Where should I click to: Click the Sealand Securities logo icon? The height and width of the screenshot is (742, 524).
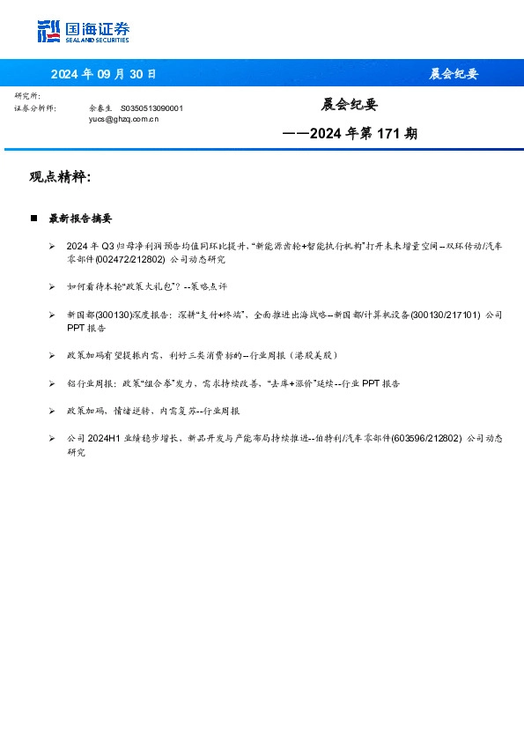[48, 32]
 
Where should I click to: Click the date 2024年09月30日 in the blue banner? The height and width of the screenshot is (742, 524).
[103, 74]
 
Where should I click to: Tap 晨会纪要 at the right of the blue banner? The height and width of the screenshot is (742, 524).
[454, 74]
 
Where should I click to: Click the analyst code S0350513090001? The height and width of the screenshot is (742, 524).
[151, 108]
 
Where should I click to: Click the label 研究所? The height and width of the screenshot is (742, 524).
[28, 95]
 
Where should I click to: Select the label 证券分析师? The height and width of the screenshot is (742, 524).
[35, 108]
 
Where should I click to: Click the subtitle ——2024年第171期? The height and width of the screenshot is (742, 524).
[350, 134]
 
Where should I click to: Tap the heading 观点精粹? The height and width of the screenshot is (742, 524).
[61, 177]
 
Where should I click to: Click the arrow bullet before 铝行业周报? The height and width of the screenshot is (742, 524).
[53, 383]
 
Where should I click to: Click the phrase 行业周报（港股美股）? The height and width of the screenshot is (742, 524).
[295, 355]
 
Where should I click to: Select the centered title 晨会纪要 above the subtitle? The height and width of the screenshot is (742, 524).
[349, 105]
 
